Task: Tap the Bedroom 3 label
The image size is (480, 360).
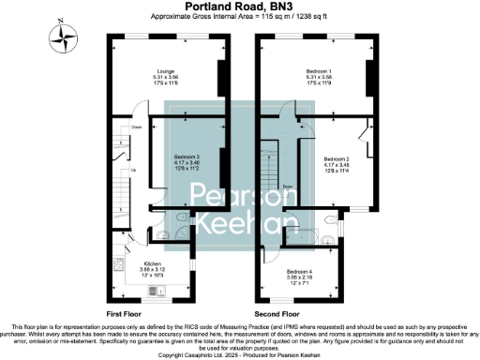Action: (187, 156)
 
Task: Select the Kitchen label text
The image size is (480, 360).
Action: (152, 263)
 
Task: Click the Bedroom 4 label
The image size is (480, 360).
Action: (299, 271)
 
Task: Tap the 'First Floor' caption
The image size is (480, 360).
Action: (125, 312)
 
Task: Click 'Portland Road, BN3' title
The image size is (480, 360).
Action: (239, 6)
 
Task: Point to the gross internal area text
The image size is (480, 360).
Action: (239, 16)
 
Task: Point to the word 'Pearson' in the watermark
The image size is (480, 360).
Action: (239, 194)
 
